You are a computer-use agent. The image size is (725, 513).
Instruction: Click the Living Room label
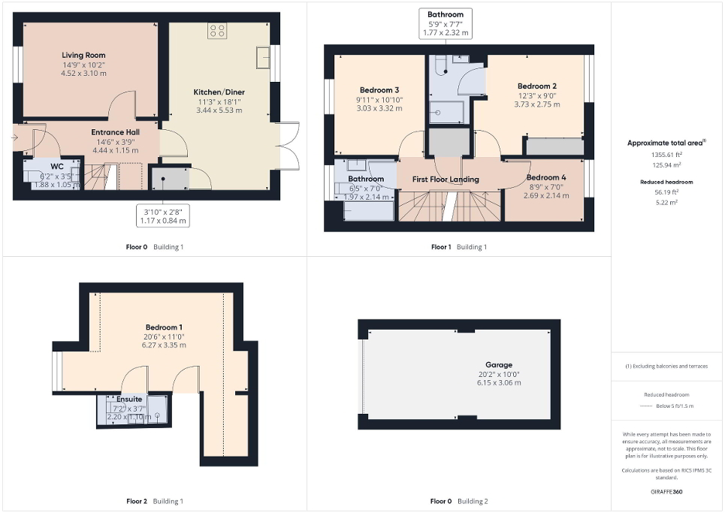coord(83,55)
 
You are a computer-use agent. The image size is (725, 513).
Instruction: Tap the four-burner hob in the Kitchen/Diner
coord(217,30)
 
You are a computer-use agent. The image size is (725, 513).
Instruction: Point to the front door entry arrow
coord(16,137)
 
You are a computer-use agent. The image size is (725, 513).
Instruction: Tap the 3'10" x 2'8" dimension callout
coord(162,216)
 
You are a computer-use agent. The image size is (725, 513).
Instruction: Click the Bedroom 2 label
coord(536,86)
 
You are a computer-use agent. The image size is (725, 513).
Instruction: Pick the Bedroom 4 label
coord(545,177)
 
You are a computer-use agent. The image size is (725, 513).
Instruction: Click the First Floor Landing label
coord(446,180)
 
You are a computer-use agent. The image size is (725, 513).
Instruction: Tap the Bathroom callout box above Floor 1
coord(445,23)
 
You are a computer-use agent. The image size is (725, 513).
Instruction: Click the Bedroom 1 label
coord(165,327)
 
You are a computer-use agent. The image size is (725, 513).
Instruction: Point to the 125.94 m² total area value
coord(666,164)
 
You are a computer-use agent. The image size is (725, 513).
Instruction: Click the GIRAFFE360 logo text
coord(666,493)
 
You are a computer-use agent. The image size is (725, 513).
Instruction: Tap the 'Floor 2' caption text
coord(137,501)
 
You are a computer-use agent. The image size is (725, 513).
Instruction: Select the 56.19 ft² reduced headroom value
coord(666,191)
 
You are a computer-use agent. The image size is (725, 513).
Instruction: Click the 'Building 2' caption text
coord(473,501)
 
